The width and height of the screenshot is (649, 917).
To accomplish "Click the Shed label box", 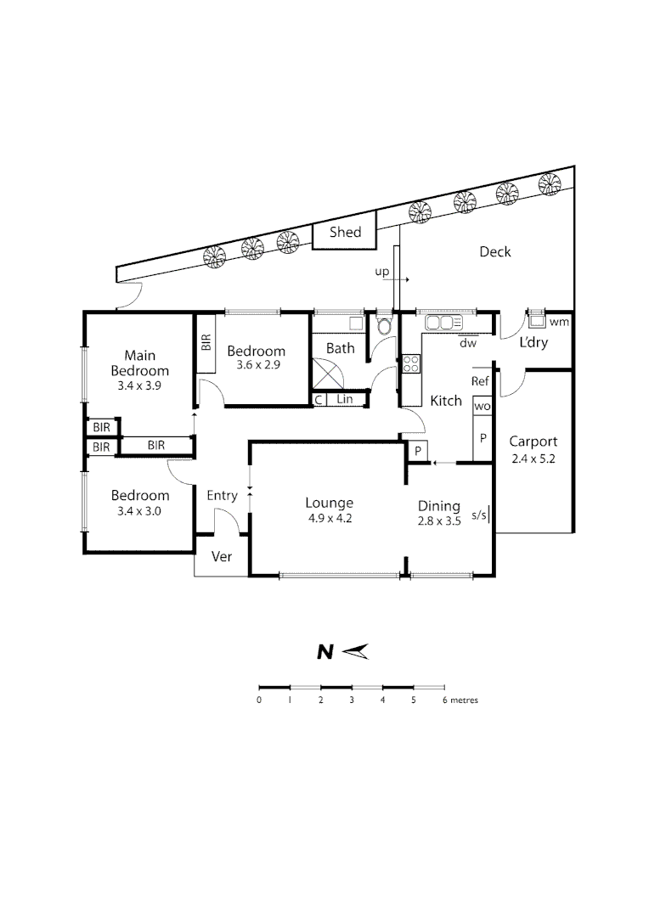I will point(345,233).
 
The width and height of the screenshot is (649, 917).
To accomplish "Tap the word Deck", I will point(494,252).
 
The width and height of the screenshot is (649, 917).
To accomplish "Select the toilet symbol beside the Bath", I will point(383,325).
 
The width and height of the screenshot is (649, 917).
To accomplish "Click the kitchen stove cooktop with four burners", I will point(411,363).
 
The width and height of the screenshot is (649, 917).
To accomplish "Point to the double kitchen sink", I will point(443,323).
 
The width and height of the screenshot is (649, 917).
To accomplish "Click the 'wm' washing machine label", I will point(558,322).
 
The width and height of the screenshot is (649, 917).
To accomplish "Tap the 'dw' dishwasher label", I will point(466,343).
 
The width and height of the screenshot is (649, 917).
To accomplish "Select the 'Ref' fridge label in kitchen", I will point(480,382).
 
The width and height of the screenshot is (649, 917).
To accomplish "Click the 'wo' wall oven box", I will point(482,408).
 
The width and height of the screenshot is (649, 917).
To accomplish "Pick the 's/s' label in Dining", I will point(479,515).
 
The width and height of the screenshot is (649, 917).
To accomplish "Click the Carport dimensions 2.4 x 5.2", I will point(533,458).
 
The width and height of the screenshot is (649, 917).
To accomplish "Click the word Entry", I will point(223,495).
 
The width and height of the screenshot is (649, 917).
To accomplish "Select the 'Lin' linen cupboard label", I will point(345,399).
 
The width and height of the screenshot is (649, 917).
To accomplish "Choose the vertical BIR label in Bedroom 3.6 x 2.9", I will point(206,342).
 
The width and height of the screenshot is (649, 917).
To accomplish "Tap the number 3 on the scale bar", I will point(352,700).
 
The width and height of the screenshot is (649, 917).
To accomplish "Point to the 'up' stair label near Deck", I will point(382,272).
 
